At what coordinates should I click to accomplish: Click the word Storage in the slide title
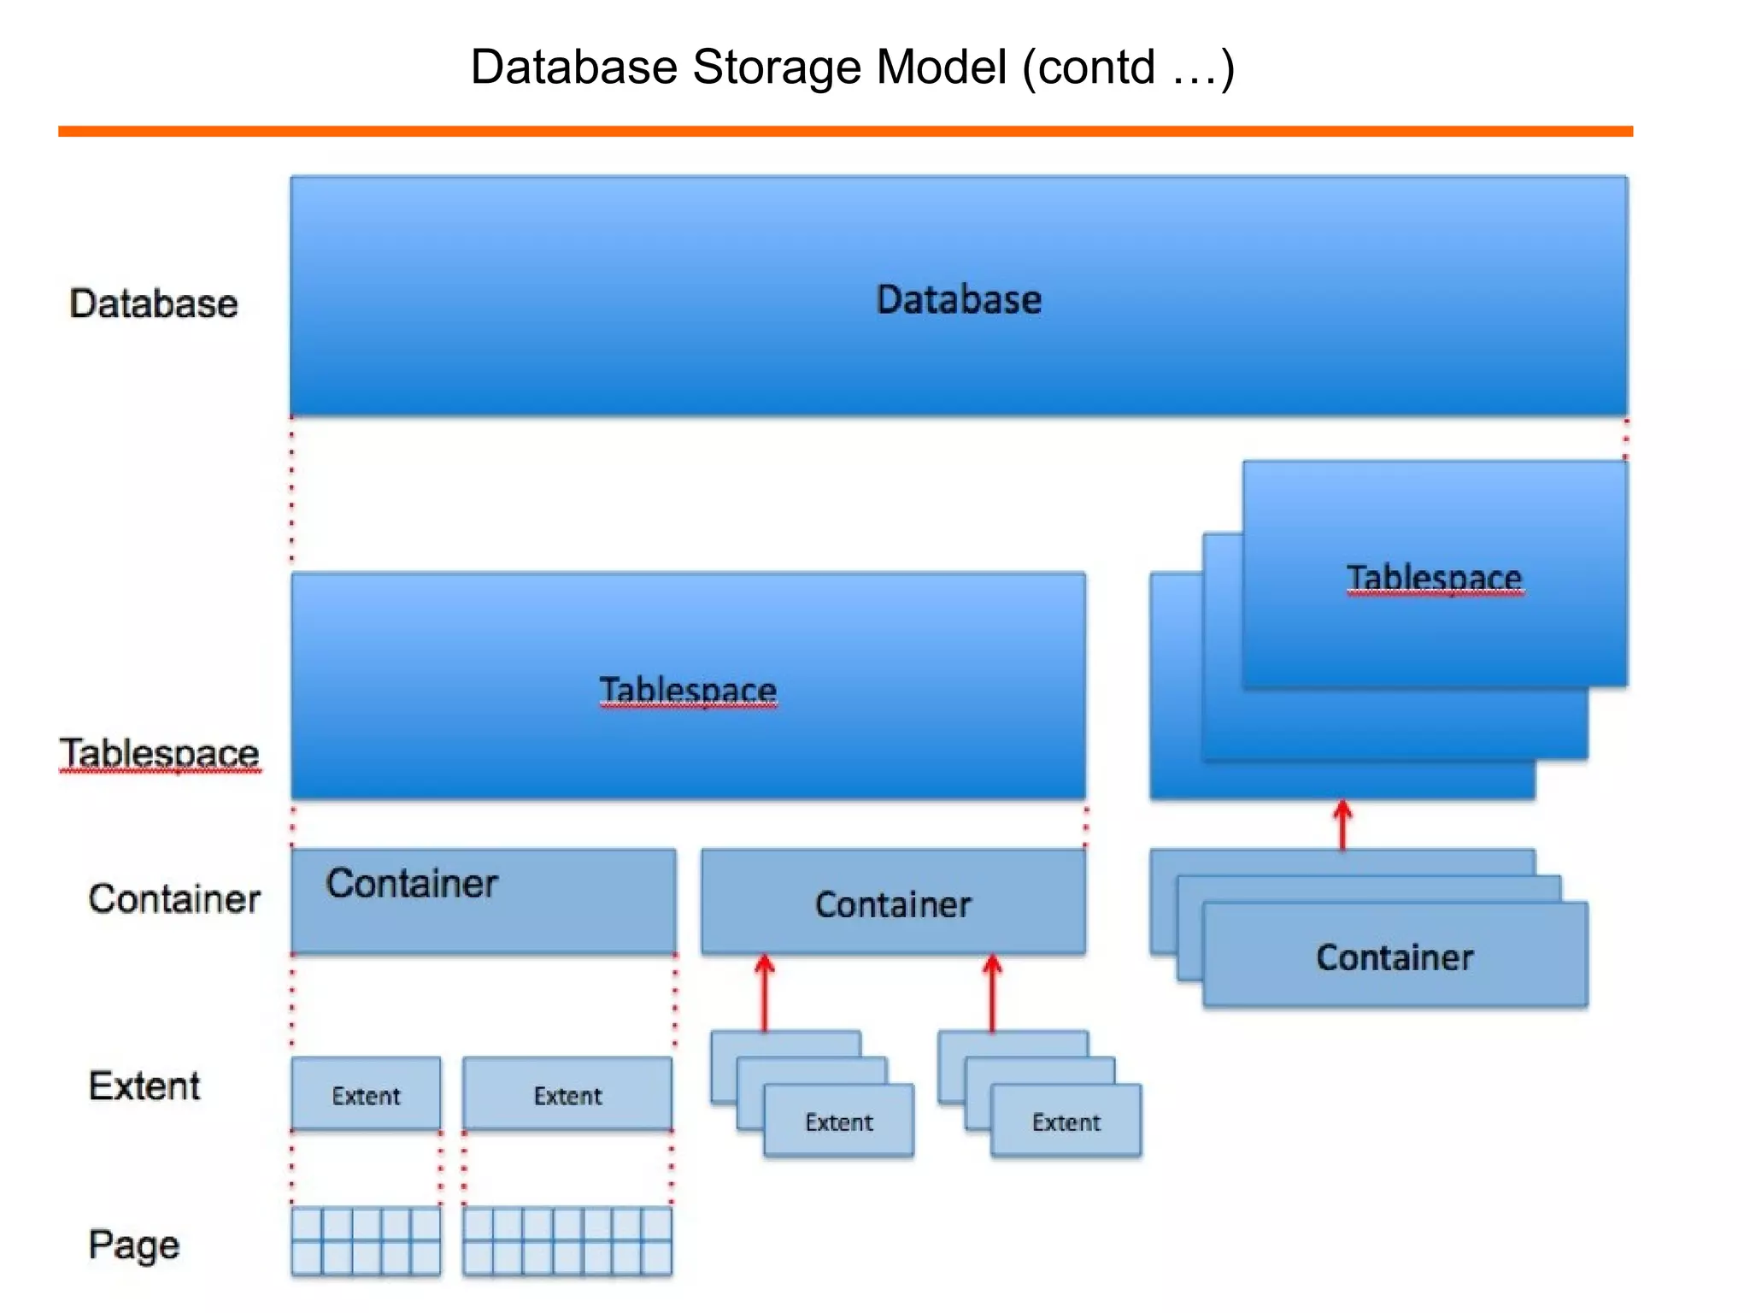coord(776,68)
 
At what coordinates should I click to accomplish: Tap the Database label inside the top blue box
coord(959,300)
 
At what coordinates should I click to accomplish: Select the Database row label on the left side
coord(154,304)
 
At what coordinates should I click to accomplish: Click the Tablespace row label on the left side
coord(159,754)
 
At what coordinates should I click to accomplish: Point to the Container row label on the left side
coord(174,899)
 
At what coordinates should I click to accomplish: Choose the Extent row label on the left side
coord(144,1086)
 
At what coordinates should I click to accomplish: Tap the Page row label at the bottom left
coord(134,1245)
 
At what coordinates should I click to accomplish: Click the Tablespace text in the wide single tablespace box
coord(688,690)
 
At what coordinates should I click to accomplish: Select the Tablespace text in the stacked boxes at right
coord(1434,578)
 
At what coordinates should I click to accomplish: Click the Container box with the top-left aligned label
coord(483,901)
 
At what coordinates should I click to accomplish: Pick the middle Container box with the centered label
coord(893,903)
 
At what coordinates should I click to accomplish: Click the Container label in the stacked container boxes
coord(1395,957)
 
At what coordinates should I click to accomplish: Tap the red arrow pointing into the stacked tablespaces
coord(1342,824)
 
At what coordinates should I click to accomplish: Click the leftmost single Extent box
coord(366,1094)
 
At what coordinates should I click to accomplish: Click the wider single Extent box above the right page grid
coord(567,1094)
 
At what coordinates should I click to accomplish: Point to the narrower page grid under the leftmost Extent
coord(366,1241)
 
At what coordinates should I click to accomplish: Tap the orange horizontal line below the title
coord(845,132)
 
